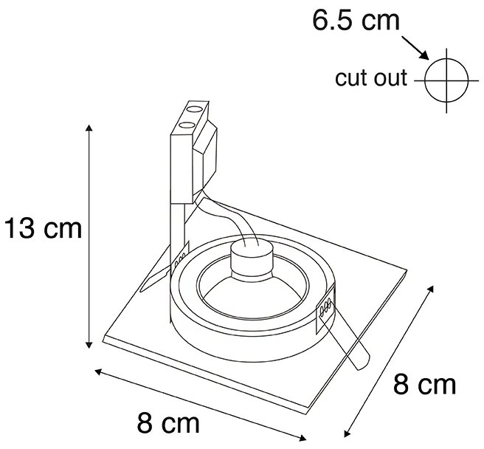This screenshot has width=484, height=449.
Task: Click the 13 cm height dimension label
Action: [44, 228]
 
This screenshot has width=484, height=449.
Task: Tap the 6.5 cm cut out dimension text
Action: [356, 21]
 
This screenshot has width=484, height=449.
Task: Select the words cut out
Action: [371, 78]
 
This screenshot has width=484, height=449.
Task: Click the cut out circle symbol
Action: [446, 80]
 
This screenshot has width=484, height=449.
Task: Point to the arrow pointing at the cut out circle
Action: [415, 48]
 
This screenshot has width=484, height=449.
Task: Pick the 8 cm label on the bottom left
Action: [168, 423]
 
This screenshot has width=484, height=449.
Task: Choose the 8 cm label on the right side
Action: [424, 385]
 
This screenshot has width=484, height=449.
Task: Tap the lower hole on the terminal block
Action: [187, 125]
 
